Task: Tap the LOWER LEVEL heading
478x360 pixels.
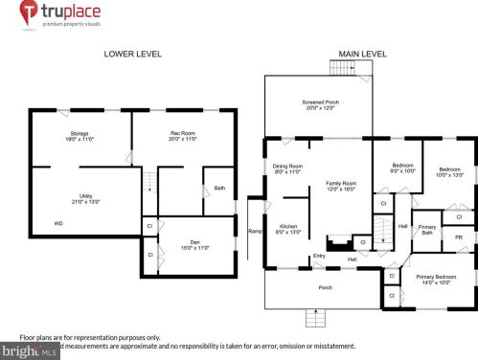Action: pos(131,55)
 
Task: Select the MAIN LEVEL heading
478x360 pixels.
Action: pos(361,55)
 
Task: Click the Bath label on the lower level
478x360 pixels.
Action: pos(219,188)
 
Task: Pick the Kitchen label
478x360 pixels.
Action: pos(287,228)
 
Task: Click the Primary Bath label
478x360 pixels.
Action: pos(427,230)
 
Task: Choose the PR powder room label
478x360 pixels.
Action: pos(459,236)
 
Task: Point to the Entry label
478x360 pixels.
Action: pos(318,256)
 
